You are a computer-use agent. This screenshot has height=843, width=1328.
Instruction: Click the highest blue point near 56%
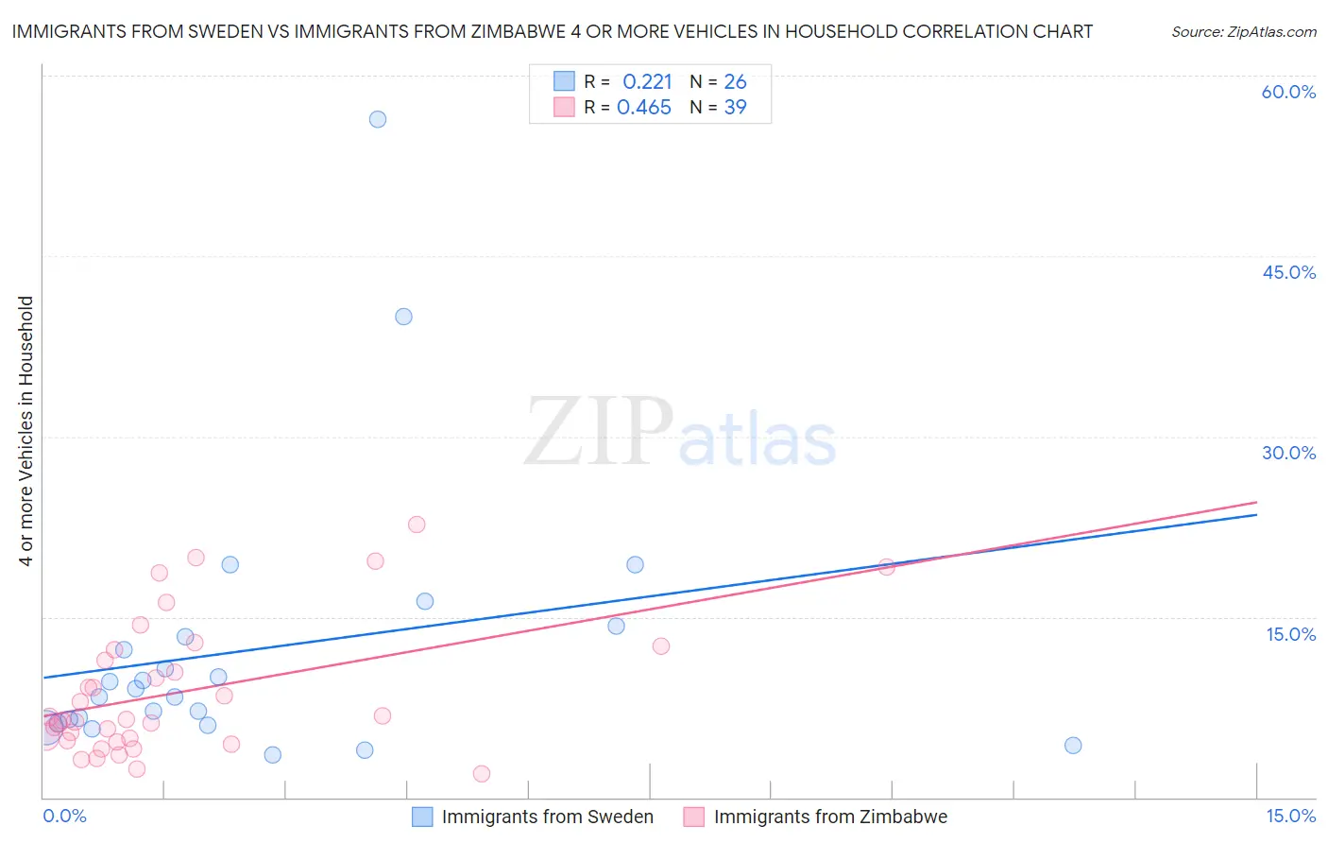tap(378, 119)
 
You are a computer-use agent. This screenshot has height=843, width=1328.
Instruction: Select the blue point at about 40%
tap(403, 317)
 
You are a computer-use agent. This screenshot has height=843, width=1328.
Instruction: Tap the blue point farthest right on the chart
tap(1073, 746)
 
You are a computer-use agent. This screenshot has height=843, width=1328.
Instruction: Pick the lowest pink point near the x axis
tap(482, 774)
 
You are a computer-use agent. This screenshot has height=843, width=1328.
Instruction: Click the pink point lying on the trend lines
tap(887, 567)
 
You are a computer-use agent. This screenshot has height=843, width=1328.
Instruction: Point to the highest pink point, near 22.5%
tap(417, 525)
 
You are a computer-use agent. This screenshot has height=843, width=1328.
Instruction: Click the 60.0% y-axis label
tap(1288, 92)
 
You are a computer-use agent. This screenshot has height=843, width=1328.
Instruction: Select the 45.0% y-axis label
tap(1288, 272)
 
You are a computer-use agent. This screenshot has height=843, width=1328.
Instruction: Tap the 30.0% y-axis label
tap(1288, 453)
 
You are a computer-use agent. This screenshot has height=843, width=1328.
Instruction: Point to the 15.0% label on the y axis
tap(1290, 634)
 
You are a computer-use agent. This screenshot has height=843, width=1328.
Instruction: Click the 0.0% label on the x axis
tap(64, 816)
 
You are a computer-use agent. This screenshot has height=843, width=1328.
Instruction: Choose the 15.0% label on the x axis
tap(1290, 816)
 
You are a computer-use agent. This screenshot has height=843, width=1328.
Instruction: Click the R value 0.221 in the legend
tap(647, 82)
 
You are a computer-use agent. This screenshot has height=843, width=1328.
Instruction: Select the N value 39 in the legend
tap(735, 108)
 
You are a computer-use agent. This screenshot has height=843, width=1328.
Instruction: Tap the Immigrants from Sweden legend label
tap(547, 817)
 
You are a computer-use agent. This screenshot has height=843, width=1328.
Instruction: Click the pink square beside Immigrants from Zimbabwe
tap(694, 817)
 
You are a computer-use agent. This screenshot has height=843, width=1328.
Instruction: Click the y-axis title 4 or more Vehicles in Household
tap(26, 431)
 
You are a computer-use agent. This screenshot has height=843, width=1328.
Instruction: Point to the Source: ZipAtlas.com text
tap(1243, 32)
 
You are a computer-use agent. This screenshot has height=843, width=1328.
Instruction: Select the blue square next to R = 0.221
tap(564, 81)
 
